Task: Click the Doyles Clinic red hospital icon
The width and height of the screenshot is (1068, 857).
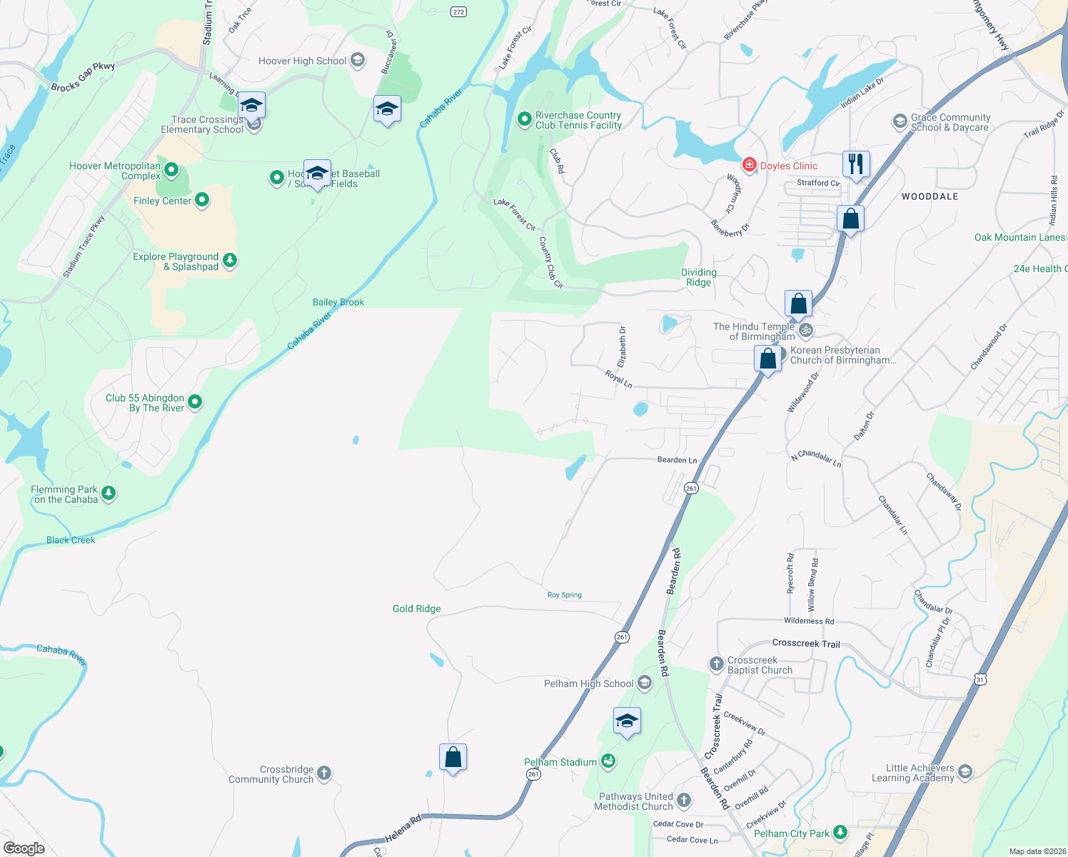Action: point(749,166)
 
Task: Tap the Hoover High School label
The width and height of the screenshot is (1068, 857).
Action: point(302,61)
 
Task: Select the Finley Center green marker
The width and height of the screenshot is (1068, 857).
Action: point(202,201)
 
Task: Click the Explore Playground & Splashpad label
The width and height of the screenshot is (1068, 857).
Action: point(176,261)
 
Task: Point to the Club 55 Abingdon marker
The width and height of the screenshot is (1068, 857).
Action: point(194,402)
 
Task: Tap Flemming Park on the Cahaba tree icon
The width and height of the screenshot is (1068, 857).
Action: point(109,493)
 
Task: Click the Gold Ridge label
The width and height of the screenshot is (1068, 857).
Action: point(416,609)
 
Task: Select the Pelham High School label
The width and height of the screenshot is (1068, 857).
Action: point(588,684)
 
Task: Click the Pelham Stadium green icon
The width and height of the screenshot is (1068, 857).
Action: point(608,762)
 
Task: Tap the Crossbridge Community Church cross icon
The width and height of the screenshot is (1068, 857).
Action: point(324,773)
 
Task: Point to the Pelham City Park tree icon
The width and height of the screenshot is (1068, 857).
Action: point(840,833)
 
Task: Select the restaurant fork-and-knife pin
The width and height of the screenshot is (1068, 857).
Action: point(855,164)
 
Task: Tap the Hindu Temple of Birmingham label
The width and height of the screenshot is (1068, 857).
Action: point(754,331)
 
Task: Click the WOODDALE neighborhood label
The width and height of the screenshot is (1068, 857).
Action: point(930,196)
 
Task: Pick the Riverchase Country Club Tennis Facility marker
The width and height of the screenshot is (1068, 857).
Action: point(525,119)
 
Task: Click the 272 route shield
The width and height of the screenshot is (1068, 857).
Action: point(458,12)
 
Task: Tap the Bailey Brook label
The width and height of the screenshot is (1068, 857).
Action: point(338,303)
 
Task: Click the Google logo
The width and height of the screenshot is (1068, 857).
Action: point(24,848)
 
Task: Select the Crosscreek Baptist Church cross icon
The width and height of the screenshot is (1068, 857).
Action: point(716,664)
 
